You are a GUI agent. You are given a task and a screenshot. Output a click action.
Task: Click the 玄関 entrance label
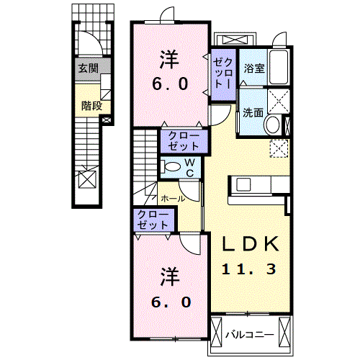point(89,68)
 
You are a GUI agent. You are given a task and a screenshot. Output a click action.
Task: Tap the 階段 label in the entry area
point(91,106)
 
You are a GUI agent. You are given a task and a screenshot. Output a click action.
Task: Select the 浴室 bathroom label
point(254,68)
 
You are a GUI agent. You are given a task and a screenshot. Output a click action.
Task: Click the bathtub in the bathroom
point(279,67)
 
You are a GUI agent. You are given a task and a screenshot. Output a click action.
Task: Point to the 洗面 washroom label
point(253,112)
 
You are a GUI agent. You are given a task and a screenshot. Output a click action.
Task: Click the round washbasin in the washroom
point(272,125)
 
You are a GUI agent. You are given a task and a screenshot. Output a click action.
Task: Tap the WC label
point(190,168)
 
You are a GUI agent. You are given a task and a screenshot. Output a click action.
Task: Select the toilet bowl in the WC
point(171,166)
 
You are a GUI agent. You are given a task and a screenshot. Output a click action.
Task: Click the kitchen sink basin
point(243,185)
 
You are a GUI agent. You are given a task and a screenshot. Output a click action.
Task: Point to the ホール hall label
point(173,199)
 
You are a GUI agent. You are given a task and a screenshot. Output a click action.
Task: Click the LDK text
point(251,243)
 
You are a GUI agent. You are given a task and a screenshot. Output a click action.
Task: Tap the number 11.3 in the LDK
point(248,269)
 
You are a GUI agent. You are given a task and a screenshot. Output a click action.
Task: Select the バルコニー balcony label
point(250,335)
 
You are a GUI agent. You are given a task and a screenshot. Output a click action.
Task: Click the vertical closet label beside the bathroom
point(223,73)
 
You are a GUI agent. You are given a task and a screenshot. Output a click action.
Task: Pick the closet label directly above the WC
point(184,141)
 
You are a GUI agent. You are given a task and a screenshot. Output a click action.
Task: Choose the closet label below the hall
point(153,220)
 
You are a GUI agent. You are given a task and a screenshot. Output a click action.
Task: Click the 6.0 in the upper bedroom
point(171,84)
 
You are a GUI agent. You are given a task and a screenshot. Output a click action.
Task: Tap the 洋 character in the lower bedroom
point(170,276)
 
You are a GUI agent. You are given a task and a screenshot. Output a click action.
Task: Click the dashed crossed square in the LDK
point(279,149)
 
